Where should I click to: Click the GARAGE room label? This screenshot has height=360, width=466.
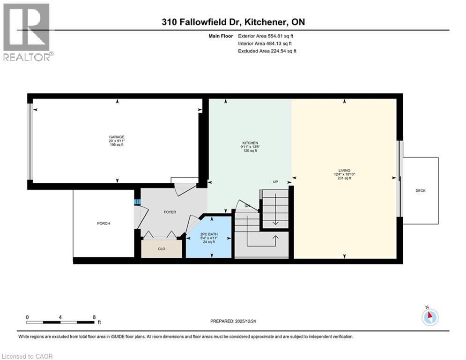pos(117,137)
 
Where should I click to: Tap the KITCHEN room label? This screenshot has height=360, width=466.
pos(250,143)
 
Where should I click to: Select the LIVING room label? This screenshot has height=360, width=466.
pos(345,171)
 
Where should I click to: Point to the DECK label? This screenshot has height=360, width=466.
pos(420,191)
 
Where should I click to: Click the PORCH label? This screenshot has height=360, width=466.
pos(104,224)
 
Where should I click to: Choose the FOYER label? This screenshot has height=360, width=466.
pos(170,212)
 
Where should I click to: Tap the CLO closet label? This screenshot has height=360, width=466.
pos(161,249)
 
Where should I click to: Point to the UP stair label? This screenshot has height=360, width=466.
pos(276,182)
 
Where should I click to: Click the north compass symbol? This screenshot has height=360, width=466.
pos(429,317)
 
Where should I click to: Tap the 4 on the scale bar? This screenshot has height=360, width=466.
pos(60,317)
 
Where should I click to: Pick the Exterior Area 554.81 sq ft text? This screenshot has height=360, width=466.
pos(266,36)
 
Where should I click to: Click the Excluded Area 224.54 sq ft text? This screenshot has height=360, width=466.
pos(267,51)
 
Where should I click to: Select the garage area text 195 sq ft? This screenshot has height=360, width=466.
pos(117,145)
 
